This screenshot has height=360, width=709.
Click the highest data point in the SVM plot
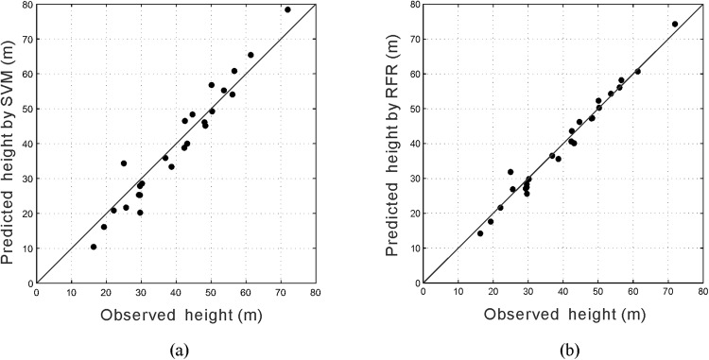[287, 9]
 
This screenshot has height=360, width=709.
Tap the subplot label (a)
[177, 350]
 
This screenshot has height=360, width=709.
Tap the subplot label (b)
[563, 350]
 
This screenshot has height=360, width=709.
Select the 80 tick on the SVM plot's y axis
[26, 5]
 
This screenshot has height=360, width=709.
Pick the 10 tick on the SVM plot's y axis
[26, 249]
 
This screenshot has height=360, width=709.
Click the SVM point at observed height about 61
[251, 55]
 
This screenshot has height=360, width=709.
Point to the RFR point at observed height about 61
[637, 71]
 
